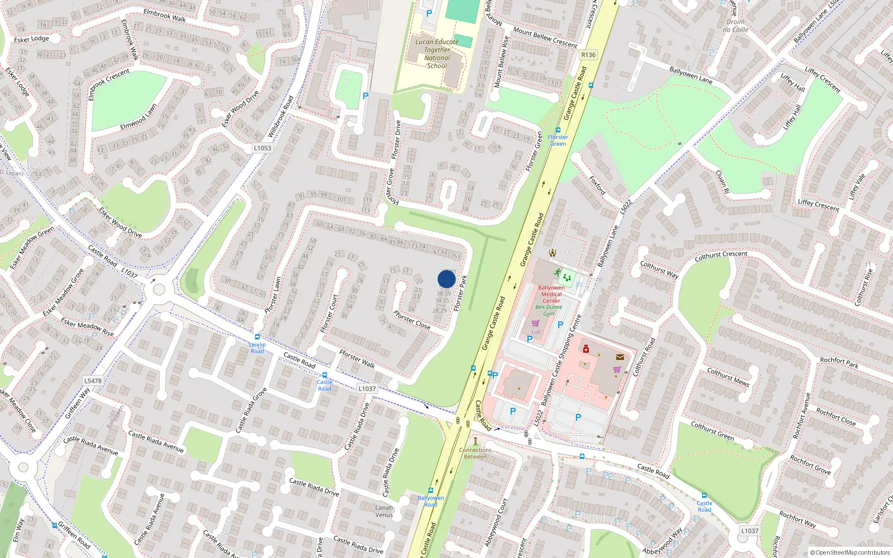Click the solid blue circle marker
pyautogui.click(x=446, y=279)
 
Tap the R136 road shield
pyautogui.click(x=588, y=55)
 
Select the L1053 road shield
pyautogui.click(x=262, y=148)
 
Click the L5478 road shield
pyautogui.click(x=93, y=381)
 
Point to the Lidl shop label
pyautogui.click(x=536, y=332)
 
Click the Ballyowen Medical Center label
pyautogui.click(x=551, y=294)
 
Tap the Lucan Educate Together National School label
pyautogui.click(x=437, y=54)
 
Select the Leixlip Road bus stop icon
pyautogui.click(x=257, y=337)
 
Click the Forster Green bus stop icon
pyautogui.click(x=558, y=130)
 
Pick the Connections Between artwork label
pyautogui.click(x=475, y=453)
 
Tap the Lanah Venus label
pyautogui.click(x=384, y=511)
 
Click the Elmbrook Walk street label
pyautogui.click(x=165, y=15)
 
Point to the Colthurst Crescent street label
pyautogui.click(x=721, y=256)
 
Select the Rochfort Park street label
pyautogui.click(x=839, y=363)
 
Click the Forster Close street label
pyautogui.click(x=412, y=320)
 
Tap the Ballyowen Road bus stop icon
pyautogui.click(x=430, y=490)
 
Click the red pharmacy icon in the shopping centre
pyautogui.click(x=585, y=349)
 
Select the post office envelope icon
pyautogui.click(x=620, y=357)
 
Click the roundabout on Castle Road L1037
pyautogui.click(x=159, y=290)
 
